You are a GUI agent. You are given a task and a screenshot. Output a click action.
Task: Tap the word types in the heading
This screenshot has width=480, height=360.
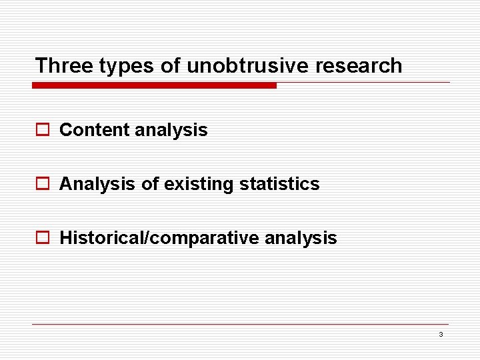(x=118, y=65)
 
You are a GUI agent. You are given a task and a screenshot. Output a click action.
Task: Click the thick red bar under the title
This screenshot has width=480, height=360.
(x=154, y=85)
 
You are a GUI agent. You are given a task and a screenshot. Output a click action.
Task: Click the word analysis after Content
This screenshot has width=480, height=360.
(x=171, y=130)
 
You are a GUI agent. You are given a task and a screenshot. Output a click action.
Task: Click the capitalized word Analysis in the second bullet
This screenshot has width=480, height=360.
(x=97, y=184)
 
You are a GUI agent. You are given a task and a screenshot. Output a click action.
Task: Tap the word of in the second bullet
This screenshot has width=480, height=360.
(x=150, y=184)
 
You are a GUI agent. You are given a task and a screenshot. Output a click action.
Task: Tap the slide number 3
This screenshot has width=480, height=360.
(x=441, y=335)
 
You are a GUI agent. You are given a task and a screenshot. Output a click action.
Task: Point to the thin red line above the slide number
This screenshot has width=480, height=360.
(x=240, y=325)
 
